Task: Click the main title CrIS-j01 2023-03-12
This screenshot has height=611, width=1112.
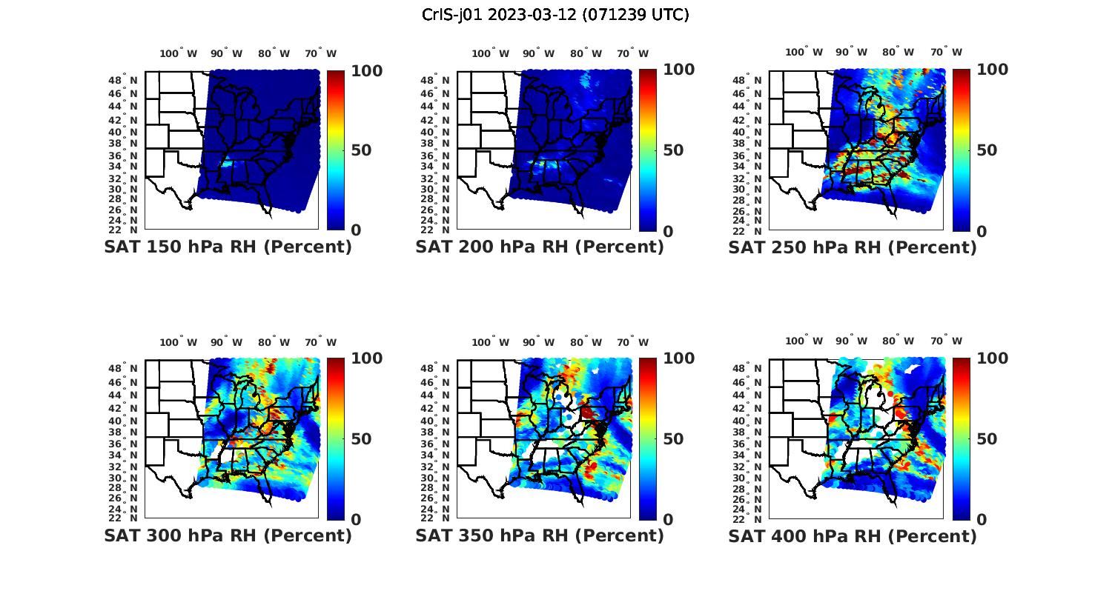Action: [555, 15]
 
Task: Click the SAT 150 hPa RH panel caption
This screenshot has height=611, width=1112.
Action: [228, 247]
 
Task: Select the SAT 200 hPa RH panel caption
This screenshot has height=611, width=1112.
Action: [540, 247]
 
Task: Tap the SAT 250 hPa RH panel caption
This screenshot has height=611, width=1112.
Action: [853, 247]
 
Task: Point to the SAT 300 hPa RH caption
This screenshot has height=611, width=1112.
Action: [228, 535]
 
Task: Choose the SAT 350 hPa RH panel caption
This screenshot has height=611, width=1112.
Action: [540, 535]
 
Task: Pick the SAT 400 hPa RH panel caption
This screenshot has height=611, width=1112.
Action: [853, 535]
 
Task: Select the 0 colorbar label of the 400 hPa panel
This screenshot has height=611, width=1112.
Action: [982, 520]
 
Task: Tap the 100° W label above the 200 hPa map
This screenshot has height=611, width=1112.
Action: [490, 53]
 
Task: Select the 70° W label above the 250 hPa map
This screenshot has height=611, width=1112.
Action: [947, 52]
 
